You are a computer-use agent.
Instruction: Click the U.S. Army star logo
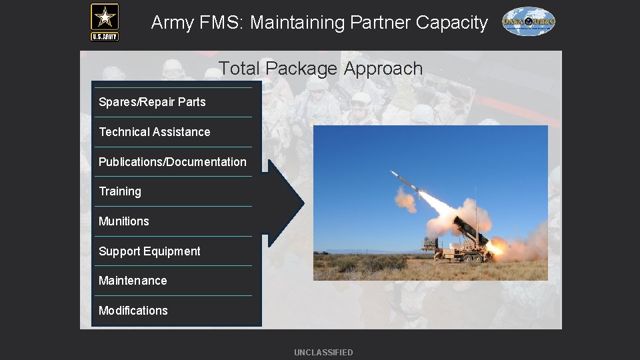tap(105, 21)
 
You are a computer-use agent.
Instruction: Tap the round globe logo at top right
tap(528, 21)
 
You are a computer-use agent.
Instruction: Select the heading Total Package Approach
tap(321, 68)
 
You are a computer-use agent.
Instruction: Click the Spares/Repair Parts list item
tap(152, 102)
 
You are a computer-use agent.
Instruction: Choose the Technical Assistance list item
tap(154, 132)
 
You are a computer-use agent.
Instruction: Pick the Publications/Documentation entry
tap(172, 162)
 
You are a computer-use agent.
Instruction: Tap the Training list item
tap(120, 191)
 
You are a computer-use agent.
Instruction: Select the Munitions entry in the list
tap(124, 221)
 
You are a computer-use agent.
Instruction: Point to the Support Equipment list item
tap(149, 251)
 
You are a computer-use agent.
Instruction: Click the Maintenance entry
tap(133, 281)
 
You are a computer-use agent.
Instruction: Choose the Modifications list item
tap(133, 311)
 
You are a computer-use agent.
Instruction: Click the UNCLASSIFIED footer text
tap(323, 352)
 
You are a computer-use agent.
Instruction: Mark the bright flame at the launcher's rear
tap(494, 248)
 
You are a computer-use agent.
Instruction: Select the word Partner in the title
tap(379, 23)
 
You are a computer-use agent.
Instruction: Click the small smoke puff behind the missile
tap(404, 199)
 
